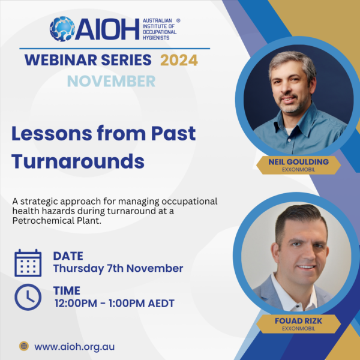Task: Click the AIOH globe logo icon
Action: [62, 29]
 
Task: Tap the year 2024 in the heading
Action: [179, 60]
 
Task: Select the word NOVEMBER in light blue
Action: [112, 81]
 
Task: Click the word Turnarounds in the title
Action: [78, 161]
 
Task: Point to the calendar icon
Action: [28, 263]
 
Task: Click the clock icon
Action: [28, 297]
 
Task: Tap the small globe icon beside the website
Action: [24, 346]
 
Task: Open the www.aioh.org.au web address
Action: [74, 347]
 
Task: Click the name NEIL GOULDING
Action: [298, 162]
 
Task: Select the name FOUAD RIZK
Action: [298, 321]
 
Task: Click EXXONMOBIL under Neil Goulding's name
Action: [298, 170]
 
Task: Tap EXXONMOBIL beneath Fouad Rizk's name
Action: [298, 329]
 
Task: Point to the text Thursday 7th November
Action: [118, 269]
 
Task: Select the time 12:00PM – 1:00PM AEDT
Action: [115, 303]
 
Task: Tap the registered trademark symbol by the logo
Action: [178, 20]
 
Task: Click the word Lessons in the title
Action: [52, 133]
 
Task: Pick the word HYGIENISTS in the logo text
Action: [156, 38]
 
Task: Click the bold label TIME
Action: [67, 290]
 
